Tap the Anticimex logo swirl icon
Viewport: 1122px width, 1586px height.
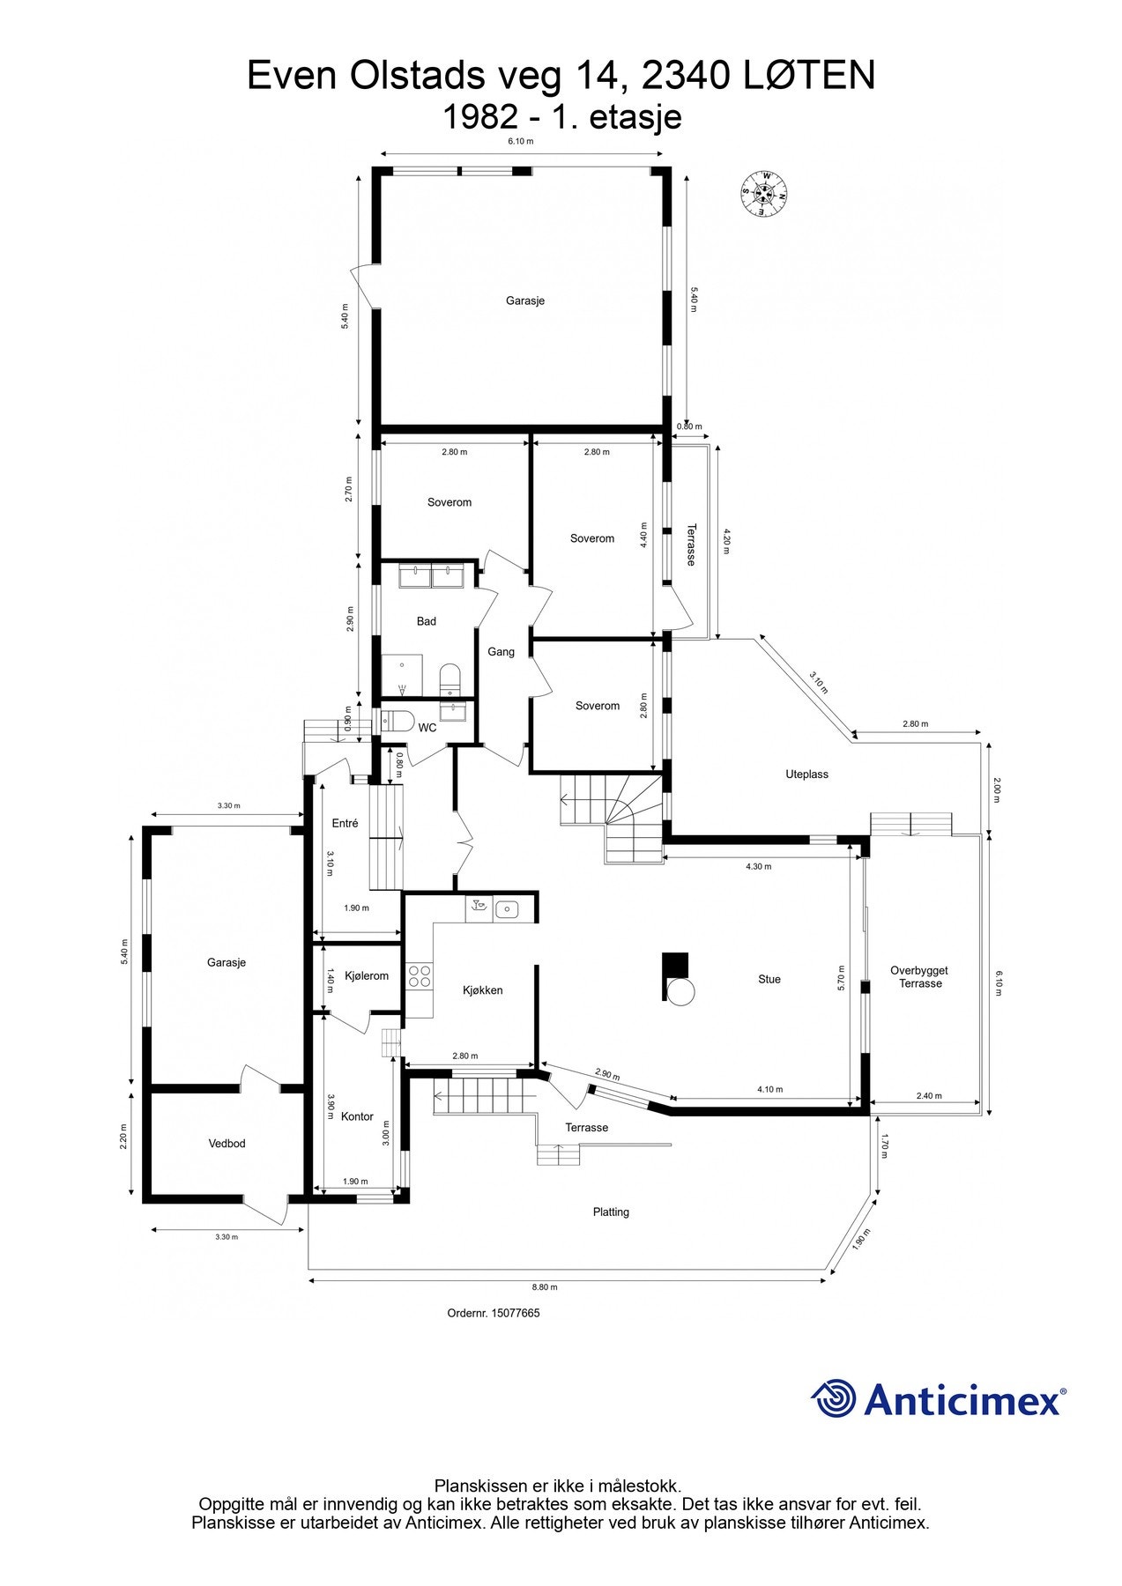834,1398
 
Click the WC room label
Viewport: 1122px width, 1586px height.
427,728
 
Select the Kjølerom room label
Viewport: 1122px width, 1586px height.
367,975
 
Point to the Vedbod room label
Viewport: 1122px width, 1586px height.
227,1143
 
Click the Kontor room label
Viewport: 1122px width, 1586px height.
357,1116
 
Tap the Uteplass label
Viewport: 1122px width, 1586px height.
806,774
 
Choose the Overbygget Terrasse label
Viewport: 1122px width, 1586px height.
920,976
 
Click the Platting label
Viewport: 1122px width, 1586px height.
611,1212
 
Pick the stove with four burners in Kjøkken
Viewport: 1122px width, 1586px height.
420,975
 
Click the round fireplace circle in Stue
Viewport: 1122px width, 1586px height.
681,992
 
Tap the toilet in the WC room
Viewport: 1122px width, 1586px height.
397,721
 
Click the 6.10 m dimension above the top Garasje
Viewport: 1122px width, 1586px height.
520,141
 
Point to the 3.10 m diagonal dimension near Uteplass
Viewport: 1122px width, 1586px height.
819,682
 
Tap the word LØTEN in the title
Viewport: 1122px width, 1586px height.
809,76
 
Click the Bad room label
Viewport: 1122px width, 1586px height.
426,621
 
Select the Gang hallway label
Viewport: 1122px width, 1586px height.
501,652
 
